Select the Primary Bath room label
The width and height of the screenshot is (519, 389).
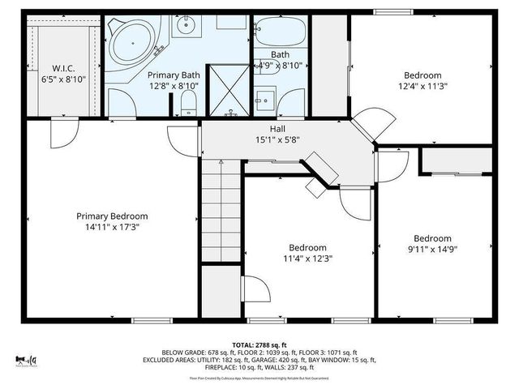coord(174,74)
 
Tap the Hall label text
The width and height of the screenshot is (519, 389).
coord(278,128)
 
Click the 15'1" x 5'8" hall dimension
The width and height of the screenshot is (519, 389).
coord(278,139)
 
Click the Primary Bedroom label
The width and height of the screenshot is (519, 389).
coord(112,216)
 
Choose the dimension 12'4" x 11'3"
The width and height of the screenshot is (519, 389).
coord(422,85)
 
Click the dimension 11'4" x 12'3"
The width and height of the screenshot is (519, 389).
coord(307,259)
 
